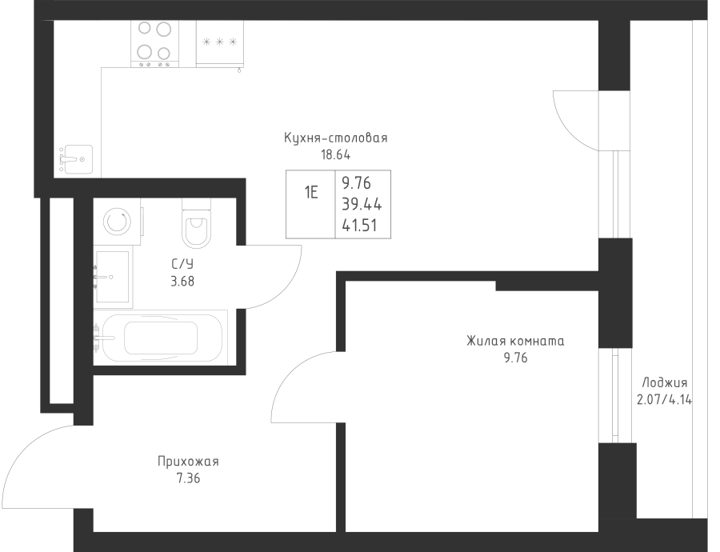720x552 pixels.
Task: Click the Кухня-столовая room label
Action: pos(336,138)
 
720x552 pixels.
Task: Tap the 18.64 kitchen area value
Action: pos(336,154)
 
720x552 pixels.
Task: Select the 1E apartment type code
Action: pos(311,193)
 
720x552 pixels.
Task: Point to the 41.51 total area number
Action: pos(359,226)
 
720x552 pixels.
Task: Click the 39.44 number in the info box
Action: pos(362,204)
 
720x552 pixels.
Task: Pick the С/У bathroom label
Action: pos(182,264)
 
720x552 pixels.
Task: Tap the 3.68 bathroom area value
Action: pos(182,281)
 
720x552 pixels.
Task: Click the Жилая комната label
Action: pos(515,342)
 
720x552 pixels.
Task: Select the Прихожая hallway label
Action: pos(188,461)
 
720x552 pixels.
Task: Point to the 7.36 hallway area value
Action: pos(188,478)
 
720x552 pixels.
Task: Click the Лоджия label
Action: pos(665,382)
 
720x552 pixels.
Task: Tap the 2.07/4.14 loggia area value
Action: pos(665,399)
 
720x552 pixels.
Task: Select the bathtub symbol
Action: pos(161,338)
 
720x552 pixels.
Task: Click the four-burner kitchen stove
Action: pos(154,44)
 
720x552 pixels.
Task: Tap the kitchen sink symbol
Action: pos(77,159)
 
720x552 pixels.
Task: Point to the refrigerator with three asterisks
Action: pos(220,43)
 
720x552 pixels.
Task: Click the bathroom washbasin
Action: pos(112,277)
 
